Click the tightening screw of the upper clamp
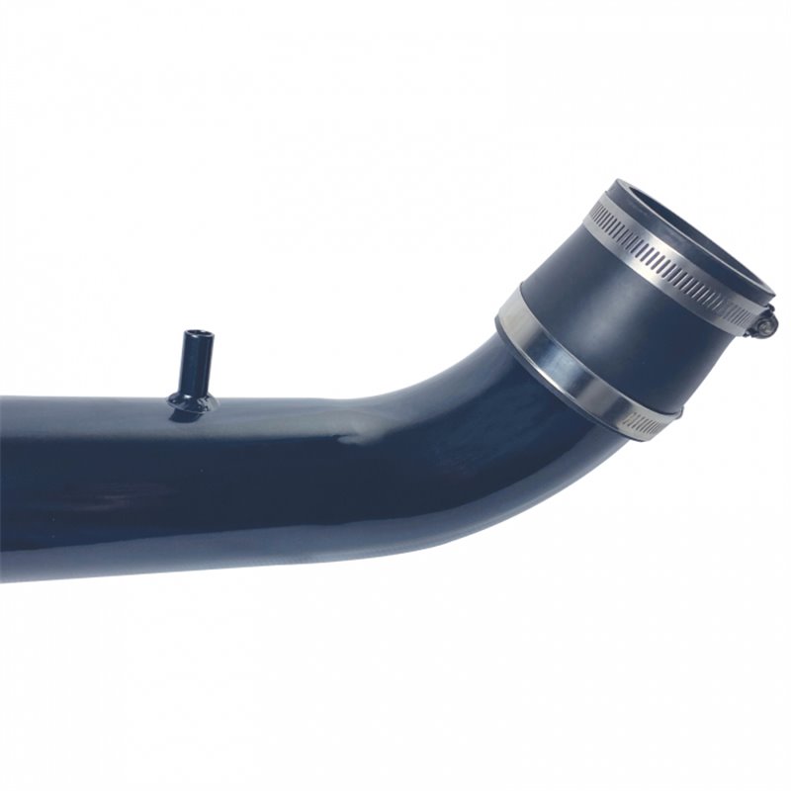[768, 321]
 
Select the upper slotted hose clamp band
[672, 268]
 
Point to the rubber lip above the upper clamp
[633, 193]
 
